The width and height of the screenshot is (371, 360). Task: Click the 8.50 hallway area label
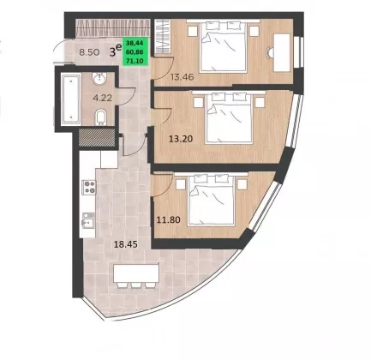[89, 52]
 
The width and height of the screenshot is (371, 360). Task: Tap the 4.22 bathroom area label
[103, 98]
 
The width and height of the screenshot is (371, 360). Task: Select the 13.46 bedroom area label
[183, 76]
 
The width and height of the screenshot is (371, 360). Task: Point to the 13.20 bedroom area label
[181, 139]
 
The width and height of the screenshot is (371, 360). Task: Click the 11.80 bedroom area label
[169, 219]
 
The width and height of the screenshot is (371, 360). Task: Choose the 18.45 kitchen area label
[126, 244]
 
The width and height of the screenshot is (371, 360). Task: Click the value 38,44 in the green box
[136, 43]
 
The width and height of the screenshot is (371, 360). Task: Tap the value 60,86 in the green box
[136, 52]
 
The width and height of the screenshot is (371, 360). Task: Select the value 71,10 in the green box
[136, 61]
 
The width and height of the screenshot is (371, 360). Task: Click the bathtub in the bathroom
[71, 99]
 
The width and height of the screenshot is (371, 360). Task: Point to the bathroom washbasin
[99, 78]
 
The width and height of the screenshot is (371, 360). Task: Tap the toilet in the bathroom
[100, 117]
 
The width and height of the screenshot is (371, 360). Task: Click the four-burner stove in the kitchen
[89, 187]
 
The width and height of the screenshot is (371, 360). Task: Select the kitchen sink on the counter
[88, 220]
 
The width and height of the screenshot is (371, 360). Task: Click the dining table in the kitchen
[136, 273]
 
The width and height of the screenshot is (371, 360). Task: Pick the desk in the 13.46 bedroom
[282, 52]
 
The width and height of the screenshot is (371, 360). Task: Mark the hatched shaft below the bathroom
[97, 138]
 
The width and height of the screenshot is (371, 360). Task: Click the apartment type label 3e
[116, 51]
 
